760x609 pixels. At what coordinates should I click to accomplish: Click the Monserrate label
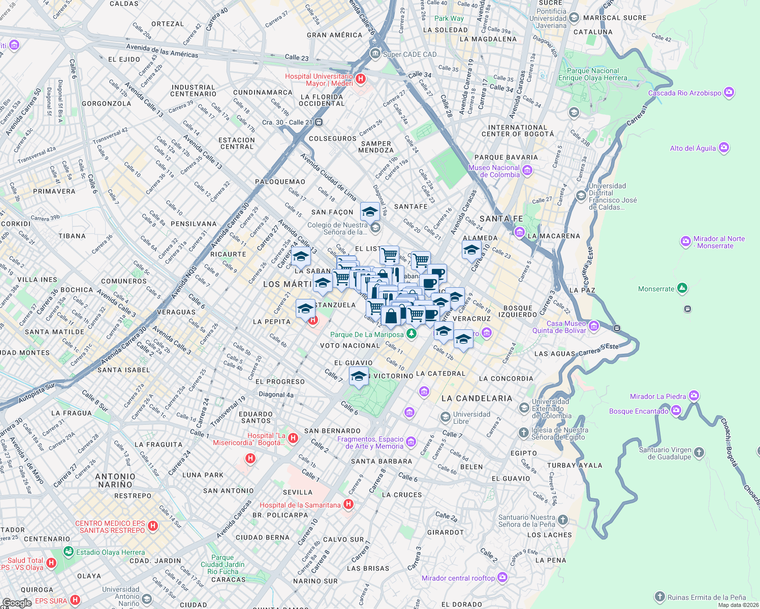pyautogui.click(x=656, y=289)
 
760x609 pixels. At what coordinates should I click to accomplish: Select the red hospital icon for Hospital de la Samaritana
pyautogui.click(x=349, y=504)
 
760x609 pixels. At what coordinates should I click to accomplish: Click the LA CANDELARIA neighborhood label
pyautogui.click(x=477, y=398)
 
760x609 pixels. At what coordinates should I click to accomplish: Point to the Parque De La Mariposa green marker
pyautogui.click(x=411, y=334)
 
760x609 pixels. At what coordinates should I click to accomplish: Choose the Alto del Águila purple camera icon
pyautogui.click(x=724, y=148)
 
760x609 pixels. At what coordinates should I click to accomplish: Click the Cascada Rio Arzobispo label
pyautogui.click(x=684, y=93)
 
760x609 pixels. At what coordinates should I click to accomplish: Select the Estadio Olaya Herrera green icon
pyautogui.click(x=69, y=552)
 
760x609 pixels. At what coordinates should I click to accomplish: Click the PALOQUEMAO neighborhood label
pyautogui.click(x=280, y=182)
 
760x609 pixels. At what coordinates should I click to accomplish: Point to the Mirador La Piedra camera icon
pyautogui.click(x=694, y=396)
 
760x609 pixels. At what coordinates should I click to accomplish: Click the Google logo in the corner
pyautogui.click(x=17, y=602)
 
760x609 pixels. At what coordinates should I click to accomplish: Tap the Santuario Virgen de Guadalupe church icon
pyautogui.click(x=699, y=453)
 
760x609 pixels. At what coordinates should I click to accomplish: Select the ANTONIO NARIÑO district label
pyautogui.click(x=115, y=481)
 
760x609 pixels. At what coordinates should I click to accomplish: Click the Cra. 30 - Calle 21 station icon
pyautogui.click(x=319, y=122)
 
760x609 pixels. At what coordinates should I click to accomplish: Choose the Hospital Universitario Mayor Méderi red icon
pyautogui.click(x=360, y=79)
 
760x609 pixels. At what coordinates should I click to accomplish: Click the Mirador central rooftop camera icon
pyautogui.click(x=502, y=578)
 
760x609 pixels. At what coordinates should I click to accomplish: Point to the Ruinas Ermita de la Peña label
pyautogui.click(x=706, y=597)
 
